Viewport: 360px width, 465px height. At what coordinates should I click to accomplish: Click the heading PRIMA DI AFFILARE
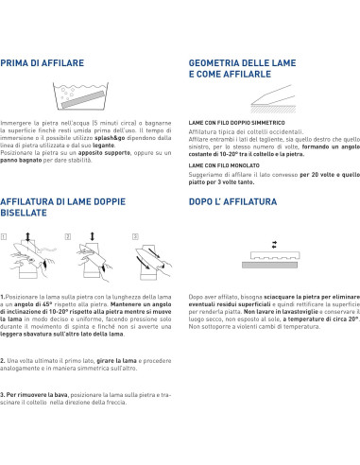43,63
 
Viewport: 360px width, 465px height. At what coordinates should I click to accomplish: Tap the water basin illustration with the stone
81,95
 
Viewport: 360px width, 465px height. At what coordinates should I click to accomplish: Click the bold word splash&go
110,138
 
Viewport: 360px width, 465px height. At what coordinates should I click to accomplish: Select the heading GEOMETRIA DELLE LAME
242,63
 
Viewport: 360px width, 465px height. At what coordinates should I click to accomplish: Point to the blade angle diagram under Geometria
273,98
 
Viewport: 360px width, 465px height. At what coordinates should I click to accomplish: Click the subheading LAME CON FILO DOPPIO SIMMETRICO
236,123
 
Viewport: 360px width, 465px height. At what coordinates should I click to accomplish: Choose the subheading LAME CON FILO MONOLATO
224,165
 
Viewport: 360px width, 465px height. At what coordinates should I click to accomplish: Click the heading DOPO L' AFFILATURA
232,201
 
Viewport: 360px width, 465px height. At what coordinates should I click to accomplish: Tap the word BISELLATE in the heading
24,213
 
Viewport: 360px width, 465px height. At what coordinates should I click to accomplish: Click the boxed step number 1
4,236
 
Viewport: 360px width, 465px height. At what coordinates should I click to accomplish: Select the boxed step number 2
68,236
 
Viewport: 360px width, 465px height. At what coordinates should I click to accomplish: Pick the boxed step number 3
135,236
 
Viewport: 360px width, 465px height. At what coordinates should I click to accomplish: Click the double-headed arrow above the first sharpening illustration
27,236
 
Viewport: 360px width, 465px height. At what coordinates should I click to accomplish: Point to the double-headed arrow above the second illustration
93,236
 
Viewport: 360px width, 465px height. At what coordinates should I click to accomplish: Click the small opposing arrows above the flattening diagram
274,245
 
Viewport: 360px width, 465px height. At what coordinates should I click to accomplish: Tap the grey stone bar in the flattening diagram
269,265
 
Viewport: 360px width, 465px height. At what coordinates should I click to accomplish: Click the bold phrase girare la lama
116,361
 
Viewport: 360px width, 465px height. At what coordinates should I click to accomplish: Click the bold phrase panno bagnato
21,160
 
